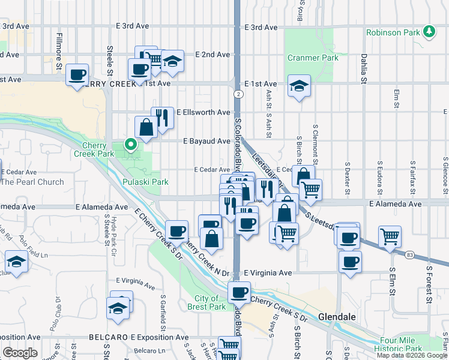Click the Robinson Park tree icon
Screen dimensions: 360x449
click(x=429, y=31)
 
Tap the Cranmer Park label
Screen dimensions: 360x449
click(x=313, y=58)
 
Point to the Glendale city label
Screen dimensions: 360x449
click(x=337, y=316)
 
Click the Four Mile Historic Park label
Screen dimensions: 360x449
click(x=398, y=344)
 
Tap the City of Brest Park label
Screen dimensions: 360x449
click(x=210, y=302)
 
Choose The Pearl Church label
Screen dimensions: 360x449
click(x=32, y=182)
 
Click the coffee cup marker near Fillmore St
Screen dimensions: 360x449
click(x=77, y=75)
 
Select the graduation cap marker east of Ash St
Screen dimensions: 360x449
click(x=298, y=85)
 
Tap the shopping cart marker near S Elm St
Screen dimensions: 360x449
click(x=390, y=237)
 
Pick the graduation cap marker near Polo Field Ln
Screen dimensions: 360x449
click(x=16, y=262)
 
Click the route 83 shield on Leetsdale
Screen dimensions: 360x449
click(x=410, y=255)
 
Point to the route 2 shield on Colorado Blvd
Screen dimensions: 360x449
click(x=239, y=94)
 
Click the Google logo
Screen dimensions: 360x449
click(x=20, y=353)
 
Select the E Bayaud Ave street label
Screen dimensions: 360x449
click(x=206, y=142)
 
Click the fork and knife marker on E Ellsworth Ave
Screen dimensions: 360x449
click(x=162, y=117)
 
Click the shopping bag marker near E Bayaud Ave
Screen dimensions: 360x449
click(x=146, y=127)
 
